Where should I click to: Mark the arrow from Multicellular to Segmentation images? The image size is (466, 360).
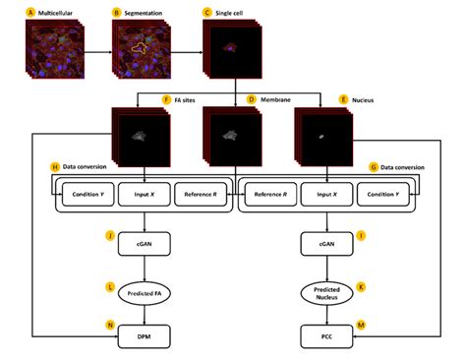pos(93,47)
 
